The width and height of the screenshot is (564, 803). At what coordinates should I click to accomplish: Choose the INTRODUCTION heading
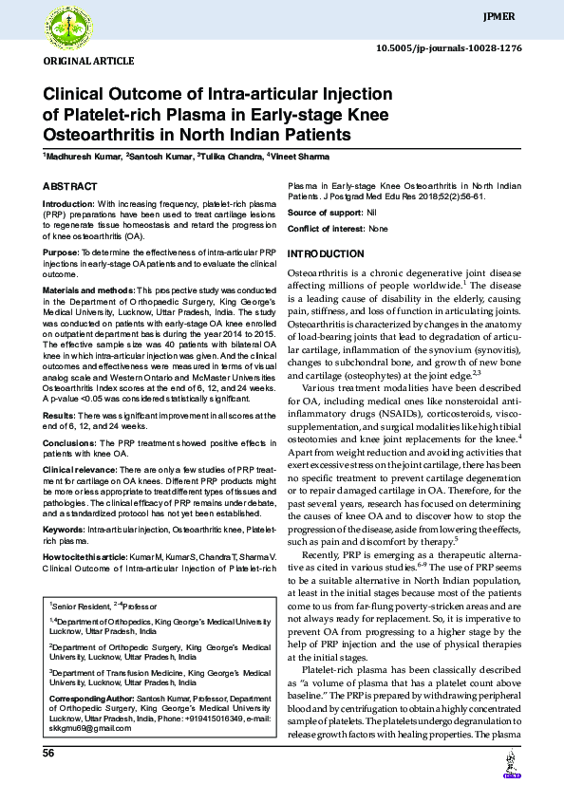click(x=326, y=254)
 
